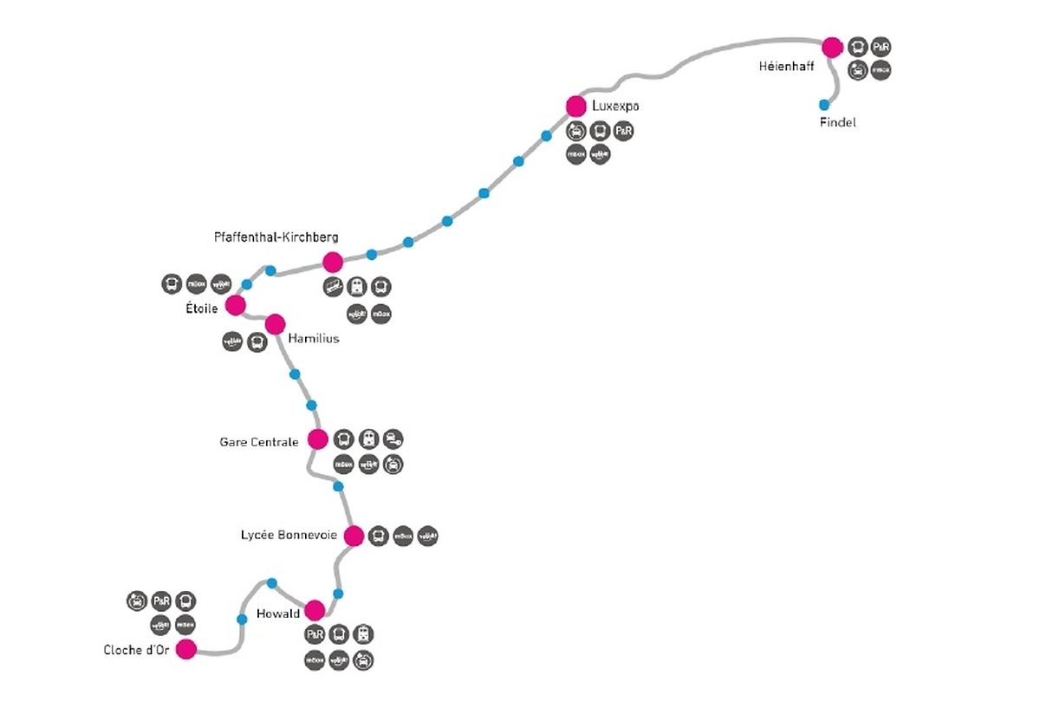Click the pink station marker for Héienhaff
(832, 48)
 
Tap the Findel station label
(837, 123)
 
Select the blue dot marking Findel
(824, 105)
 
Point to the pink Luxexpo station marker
(576, 106)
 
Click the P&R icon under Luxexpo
(623, 132)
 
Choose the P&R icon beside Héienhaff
(881, 47)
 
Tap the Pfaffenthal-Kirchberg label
(276, 237)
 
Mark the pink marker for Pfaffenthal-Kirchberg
(333, 262)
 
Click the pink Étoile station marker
(235, 305)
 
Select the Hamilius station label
(313, 338)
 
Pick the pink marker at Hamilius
(275, 324)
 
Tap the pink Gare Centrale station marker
(318, 439)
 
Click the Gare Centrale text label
(258, 442)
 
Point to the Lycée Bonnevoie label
(289, 536)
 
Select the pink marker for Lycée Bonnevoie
(354, 536)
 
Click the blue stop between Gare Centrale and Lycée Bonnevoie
(339, 486)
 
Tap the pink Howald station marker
(315, 610)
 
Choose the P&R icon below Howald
(315, 634)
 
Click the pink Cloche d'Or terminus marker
(186, 649)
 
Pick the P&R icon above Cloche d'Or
(161, 601)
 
